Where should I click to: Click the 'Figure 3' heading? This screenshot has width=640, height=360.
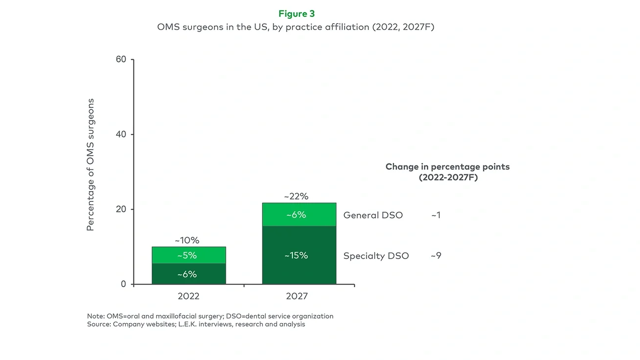click(296, 13)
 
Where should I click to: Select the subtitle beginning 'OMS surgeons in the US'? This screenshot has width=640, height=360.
click(295, 27)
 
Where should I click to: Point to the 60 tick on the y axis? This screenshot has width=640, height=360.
click(121, 60)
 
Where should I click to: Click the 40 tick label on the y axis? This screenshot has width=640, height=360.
click(121, 134)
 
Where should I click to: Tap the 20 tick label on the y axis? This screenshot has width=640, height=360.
click(121, 209)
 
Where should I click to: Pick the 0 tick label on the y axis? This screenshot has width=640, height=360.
click(124, 284)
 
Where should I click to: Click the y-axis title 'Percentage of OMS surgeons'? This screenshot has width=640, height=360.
click(90, 165)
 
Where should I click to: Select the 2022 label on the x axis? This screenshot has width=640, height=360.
click(189, 296)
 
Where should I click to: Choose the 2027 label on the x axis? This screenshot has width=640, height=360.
click(296, 296)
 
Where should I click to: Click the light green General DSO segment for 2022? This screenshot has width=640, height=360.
click(189, 255)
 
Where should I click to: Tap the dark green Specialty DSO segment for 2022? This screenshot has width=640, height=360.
click(189, 274)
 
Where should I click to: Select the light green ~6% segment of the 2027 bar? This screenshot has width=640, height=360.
click(299, 215)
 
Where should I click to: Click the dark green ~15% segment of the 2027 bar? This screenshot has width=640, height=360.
click(299, 255)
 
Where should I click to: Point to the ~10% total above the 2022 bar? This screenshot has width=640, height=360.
click(187, 240)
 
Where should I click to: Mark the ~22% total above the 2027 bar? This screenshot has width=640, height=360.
click(296, 196)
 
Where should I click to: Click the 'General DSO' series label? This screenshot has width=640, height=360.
click(373, 215)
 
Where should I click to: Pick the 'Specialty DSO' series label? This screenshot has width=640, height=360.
click(376, 256)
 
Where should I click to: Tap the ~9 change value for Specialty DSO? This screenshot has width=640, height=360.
click(436, 256)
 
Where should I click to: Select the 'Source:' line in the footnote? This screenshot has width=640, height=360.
click(196, 324)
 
